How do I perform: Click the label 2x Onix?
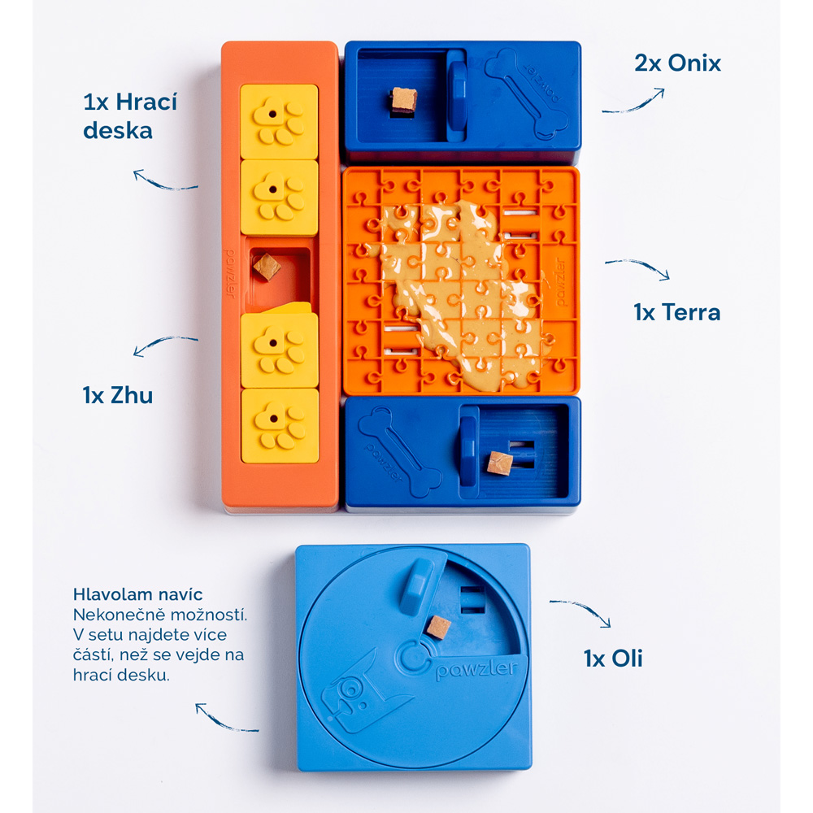click(x=677, y=63)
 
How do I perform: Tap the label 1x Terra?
click(x=676, y=313)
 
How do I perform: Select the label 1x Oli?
click(x=613, y=659)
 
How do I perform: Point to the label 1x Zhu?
click(x=118, y=395)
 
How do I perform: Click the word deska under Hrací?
click(x=118, y=131)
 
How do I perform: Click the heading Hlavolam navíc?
click(x=137, y=594)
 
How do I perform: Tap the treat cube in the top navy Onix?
click(x=404, y=100)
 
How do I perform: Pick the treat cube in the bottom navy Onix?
click(x=500, y=463)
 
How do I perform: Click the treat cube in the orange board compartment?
click(x=267, y=267)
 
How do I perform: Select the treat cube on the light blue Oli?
click(x=438, y=628)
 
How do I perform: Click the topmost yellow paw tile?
click(x=279, y=122)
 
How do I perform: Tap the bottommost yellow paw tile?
click(x=280, y=426)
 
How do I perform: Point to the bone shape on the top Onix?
click(x=526, y=94)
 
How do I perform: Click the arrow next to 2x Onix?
click(x=633, y=105)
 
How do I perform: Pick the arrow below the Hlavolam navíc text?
click(x=224, y=720)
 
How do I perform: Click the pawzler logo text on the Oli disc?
click(x=477, y=668)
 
